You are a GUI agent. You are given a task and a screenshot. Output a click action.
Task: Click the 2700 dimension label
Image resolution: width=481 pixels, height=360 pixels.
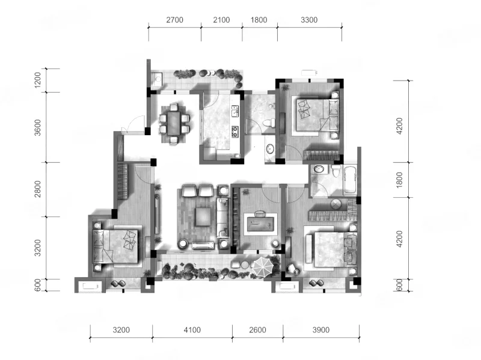174,20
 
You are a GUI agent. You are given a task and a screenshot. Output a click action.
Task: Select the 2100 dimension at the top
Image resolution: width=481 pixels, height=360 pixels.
221,20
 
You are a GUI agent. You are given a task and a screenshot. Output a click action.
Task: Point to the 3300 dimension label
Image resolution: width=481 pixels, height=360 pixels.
309,20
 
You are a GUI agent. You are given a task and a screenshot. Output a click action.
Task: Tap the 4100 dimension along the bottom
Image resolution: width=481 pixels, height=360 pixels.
192,330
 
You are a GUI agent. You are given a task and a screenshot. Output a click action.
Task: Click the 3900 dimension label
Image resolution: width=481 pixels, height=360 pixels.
321,330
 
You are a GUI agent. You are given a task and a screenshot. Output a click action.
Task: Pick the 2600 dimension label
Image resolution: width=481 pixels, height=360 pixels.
257,330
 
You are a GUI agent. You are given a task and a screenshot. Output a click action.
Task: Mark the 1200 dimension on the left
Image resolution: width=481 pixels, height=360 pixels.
37,80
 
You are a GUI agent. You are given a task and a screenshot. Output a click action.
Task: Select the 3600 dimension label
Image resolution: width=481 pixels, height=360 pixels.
37,127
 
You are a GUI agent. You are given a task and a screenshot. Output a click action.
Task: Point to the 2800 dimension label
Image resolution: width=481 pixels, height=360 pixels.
37,189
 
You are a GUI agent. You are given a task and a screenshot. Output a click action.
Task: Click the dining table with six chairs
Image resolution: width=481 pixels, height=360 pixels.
174,124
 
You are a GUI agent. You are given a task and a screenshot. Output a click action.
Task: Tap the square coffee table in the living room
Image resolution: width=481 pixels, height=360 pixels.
203,217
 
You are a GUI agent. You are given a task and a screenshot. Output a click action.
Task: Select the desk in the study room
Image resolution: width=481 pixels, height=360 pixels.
260,223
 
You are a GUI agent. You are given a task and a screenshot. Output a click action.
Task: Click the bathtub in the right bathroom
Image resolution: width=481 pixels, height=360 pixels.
350,180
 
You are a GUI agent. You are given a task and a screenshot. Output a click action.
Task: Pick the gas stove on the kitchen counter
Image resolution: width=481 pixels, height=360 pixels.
235,132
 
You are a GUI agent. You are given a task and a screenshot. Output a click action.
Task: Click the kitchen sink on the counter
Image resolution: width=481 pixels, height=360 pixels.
234,111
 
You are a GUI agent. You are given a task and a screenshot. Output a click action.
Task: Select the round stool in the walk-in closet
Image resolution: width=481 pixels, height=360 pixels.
335,204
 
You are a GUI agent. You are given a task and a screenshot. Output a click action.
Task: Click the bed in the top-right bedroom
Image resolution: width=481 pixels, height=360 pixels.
317,114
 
